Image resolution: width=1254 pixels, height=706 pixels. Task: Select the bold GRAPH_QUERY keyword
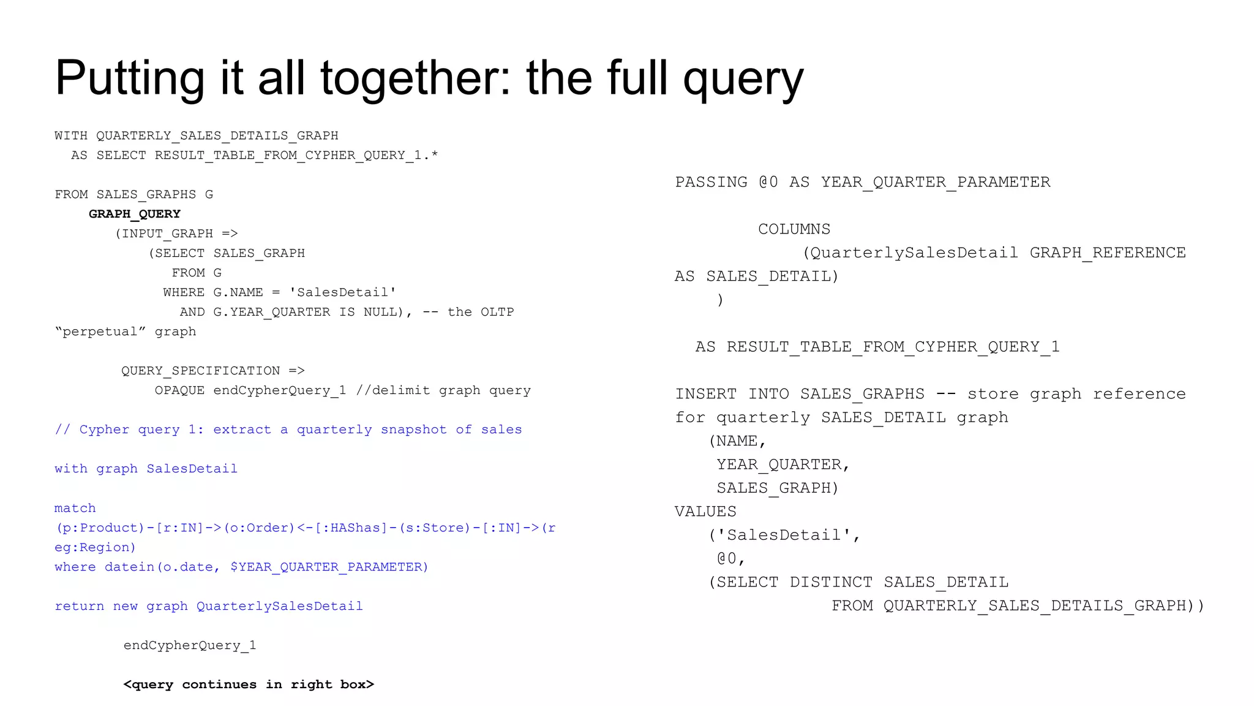point(135,214)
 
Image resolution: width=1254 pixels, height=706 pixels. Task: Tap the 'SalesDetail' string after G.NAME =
point(342,292)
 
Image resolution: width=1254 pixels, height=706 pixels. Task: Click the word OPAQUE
point(179,390)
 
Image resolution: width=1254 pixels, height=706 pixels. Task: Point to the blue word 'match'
point(75,508)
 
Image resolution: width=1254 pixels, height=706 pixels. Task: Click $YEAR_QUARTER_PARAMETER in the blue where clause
point(329,567)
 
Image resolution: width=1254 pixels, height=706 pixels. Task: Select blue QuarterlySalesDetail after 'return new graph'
point(279,606)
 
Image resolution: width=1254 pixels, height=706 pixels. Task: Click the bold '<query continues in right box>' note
point(249,685)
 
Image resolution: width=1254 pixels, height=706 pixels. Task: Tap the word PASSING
point(711,182)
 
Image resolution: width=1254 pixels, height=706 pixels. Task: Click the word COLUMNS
point(794,229)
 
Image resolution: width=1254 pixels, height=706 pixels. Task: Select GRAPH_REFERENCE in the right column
point(1107,252)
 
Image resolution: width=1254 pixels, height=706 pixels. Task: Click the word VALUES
point(705,512)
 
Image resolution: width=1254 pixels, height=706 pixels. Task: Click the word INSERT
point(706,394)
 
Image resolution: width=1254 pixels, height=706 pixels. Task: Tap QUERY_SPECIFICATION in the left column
point(200,371)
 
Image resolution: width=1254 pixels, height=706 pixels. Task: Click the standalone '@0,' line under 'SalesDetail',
point(730,559)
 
